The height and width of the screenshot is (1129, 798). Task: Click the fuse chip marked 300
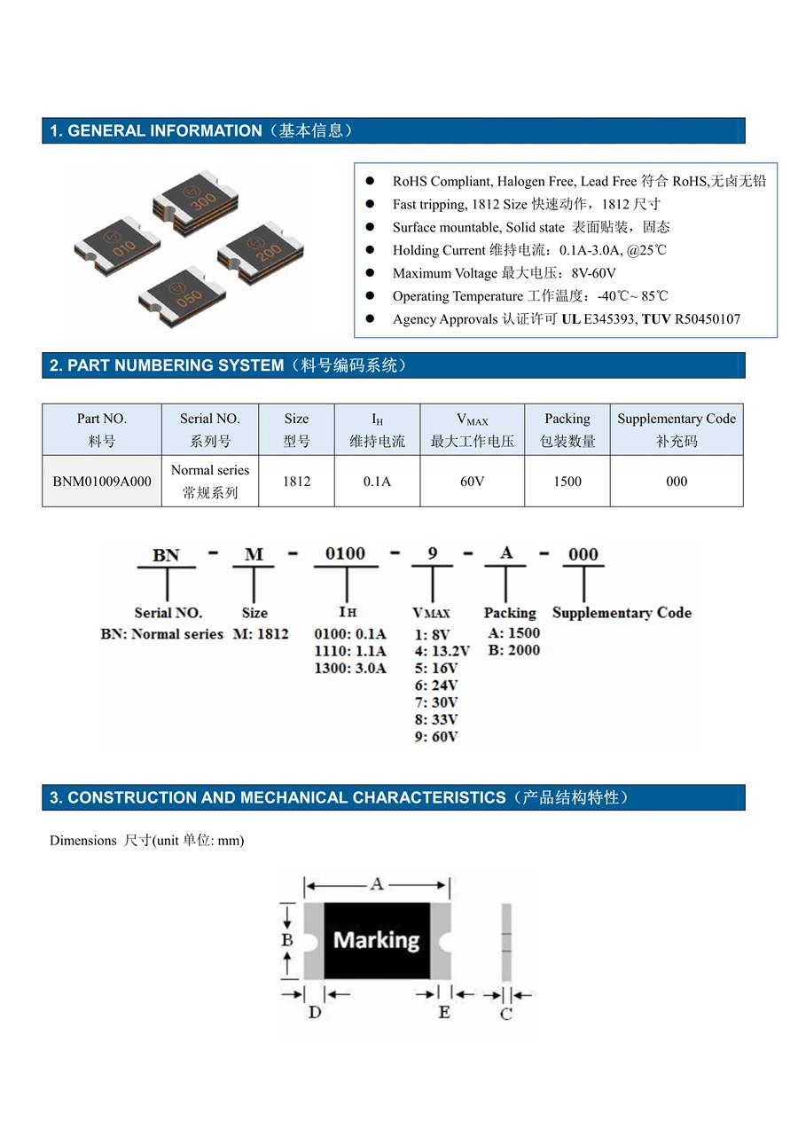[195, 202]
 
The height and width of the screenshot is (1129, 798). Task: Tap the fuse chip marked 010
[117, 246]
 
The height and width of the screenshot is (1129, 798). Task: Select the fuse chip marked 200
[261, 252]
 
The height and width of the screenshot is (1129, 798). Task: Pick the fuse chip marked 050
[182, 297]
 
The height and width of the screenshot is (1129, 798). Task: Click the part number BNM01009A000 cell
[102, 482]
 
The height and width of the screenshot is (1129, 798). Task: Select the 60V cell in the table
[472, 482]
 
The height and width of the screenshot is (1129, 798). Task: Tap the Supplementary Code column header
[677, 429]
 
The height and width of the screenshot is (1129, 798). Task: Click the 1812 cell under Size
[296, 482]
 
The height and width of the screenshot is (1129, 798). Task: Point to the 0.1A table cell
[377, 482]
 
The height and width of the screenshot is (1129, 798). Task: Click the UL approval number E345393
[608, 319]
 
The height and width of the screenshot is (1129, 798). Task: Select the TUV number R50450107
[708, 319]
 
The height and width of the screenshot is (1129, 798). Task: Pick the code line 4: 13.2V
[442, 651]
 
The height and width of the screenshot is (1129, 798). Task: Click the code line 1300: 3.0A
[350, 669]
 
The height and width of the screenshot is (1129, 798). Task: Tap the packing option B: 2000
[514, 650]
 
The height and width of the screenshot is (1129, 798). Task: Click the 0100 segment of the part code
[345, 553]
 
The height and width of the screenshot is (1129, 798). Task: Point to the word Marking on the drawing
[376, 940]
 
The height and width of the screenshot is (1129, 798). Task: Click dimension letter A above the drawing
[376, 884]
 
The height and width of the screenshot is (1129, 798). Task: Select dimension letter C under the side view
[505, 1014]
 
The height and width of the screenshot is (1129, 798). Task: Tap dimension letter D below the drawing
[315, 1012]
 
